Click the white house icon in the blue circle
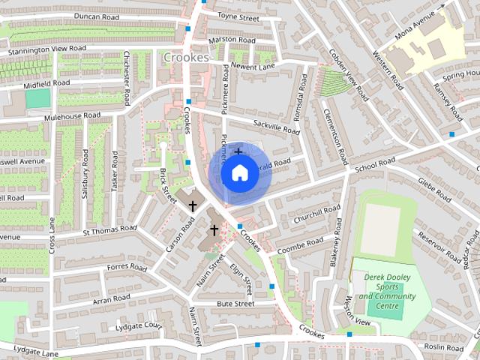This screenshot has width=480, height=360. coord(238,173)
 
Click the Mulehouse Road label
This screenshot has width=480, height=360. coord(72,116)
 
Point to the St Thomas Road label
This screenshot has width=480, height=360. coord(109,228)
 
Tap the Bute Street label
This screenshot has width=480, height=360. coord(235,304)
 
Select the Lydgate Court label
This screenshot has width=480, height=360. coord(139,326)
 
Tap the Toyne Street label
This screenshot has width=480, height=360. coord(238,16)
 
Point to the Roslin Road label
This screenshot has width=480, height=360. coord(444,346)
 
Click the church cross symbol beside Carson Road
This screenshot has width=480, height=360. coord(193,205)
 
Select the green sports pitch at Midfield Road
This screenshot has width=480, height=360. coord(37,98)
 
